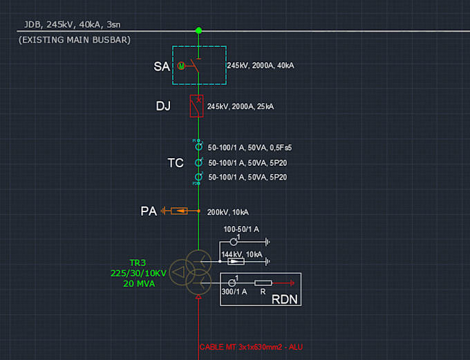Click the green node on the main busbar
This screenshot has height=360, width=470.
pos(199,30)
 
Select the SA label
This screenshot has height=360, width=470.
pos(162,66)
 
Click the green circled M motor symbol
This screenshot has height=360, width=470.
pos(181,66)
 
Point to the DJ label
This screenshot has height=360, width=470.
pos(162,106)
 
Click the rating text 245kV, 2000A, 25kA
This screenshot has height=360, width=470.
pos(240,106)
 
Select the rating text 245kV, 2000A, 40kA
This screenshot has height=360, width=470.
pos(260,66)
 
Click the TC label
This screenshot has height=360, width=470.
pos(176,163)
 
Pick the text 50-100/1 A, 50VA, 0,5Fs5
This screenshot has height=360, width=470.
pos(250,147)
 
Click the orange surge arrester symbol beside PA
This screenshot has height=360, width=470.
pos(179,210)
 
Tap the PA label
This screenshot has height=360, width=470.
pos(149,211)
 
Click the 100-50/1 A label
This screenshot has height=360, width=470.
pos(241,229)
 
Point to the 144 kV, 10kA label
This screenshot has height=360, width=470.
pos(241,255)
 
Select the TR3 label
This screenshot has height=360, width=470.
pos(138,263)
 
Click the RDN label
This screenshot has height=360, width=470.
pos(285,299)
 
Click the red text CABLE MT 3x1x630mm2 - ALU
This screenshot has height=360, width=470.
pos(250,347)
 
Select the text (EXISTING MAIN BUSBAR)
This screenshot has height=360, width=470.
pos(75,40)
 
